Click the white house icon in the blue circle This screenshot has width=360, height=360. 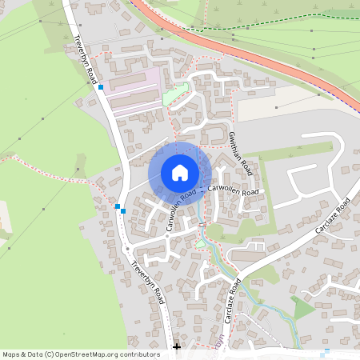coord(180,172)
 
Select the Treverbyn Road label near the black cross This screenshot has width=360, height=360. coord(150,284)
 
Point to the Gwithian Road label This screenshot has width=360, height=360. coord(241,154)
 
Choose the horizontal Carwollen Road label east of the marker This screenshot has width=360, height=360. coord(234,191)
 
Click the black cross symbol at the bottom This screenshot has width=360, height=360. coord(177,347)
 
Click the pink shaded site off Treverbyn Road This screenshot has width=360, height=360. coord(132,90)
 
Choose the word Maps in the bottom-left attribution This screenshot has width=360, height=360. coord(12,354)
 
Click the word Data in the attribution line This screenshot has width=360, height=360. coord(36,354)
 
